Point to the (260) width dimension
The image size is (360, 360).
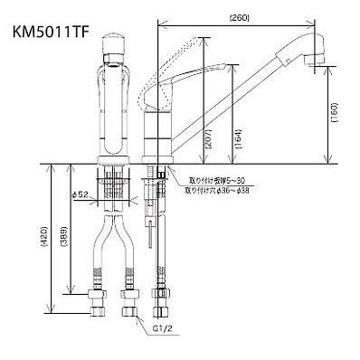pyautogui.click(x=240, y=16)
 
